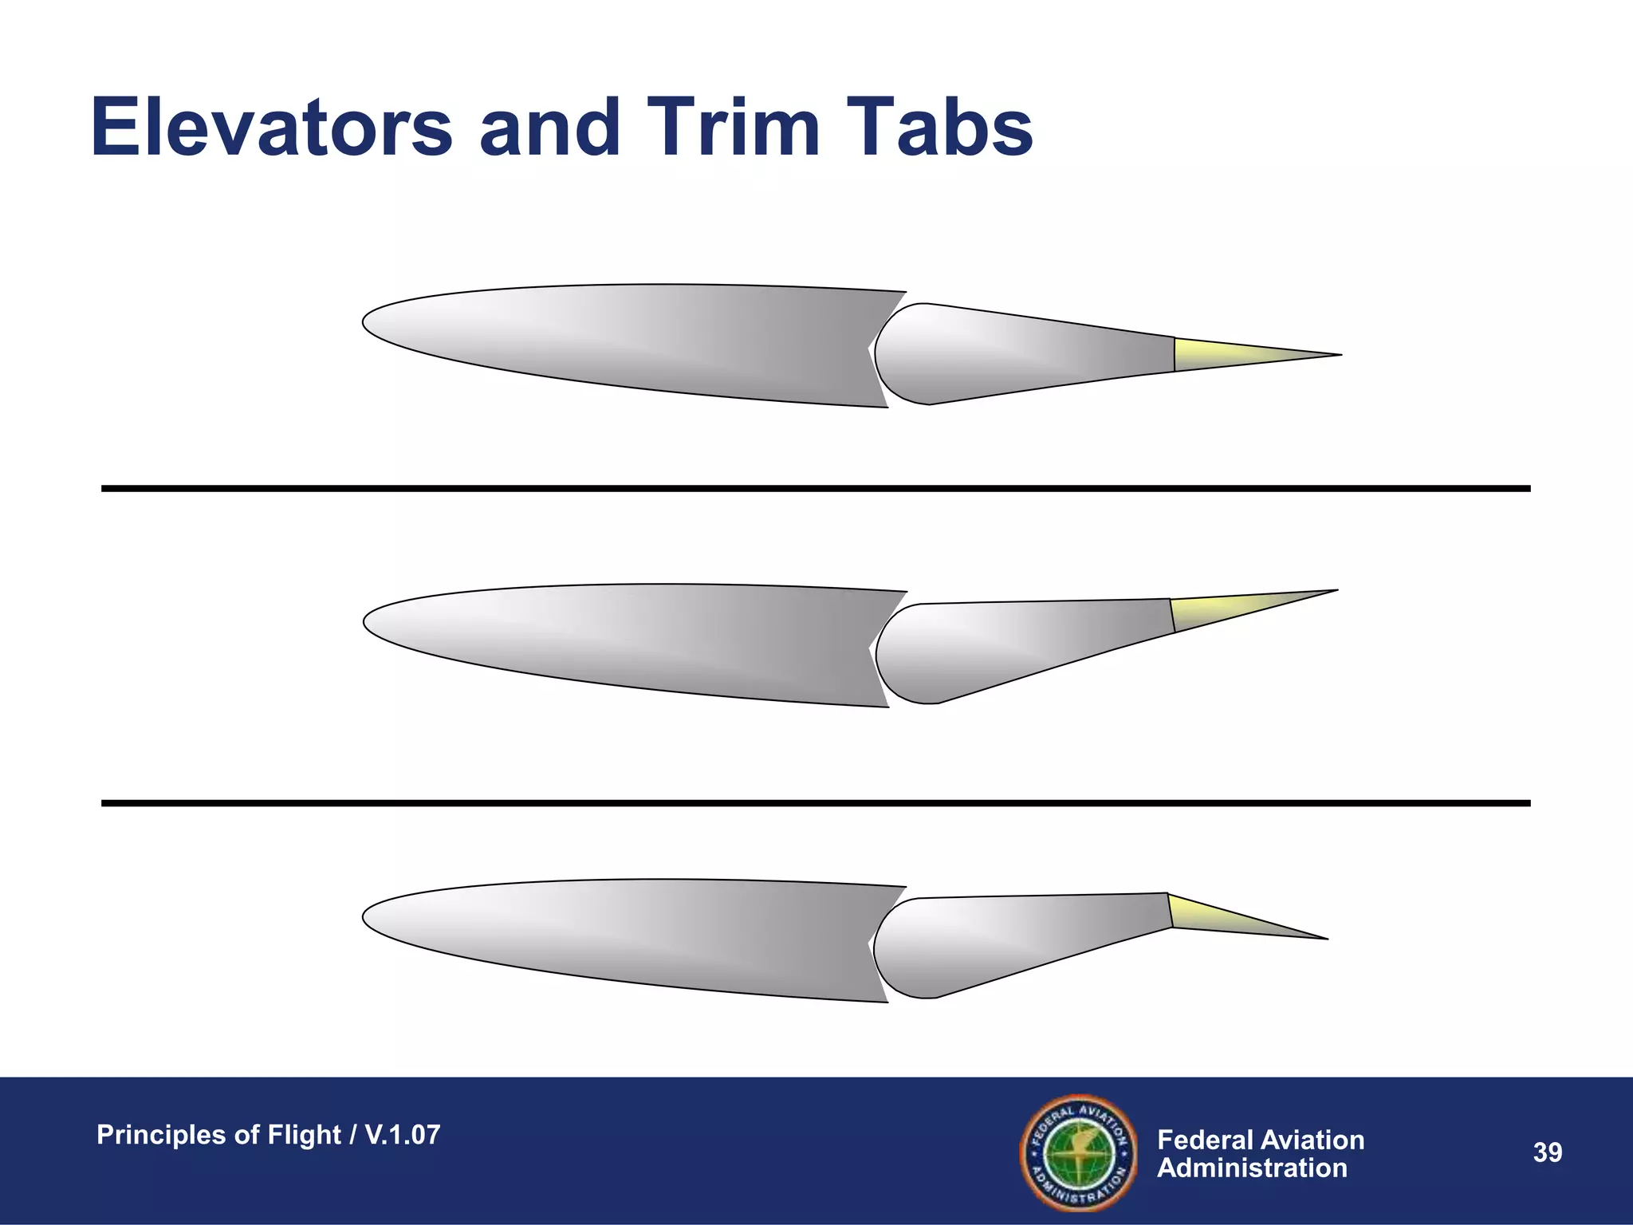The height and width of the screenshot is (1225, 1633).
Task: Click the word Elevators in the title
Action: pos(271,128)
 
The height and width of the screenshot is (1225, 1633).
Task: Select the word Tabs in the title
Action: pos(943,128)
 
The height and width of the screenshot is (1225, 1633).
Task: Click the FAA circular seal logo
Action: pos(1079,1152)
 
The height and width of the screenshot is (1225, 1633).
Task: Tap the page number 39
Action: pos(1547,1152)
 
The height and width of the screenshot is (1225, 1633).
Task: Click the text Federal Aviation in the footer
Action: pos(1260,1140)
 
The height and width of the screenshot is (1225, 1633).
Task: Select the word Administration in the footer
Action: pos(1252,1168)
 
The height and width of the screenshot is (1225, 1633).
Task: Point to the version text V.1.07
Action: pos(402,1135)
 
